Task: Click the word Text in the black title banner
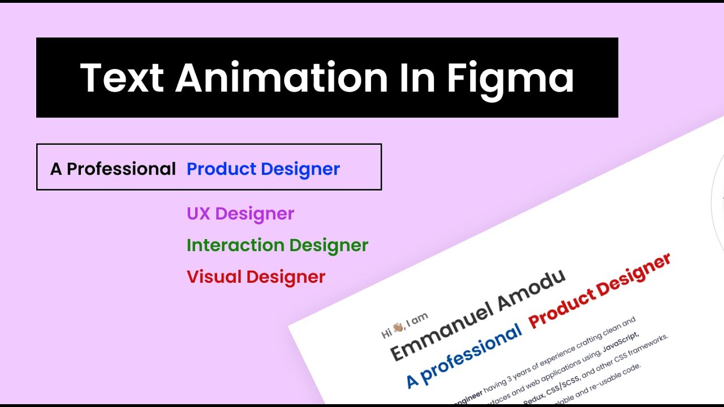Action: click(x=121, y=77)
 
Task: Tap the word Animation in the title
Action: click(x=282, y=77)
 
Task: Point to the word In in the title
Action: click(x=417, y=77)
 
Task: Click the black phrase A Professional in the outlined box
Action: click(x=113, y=168)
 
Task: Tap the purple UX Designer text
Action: click(x=240, y=214)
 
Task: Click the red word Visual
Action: click(x=214, y=277)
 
